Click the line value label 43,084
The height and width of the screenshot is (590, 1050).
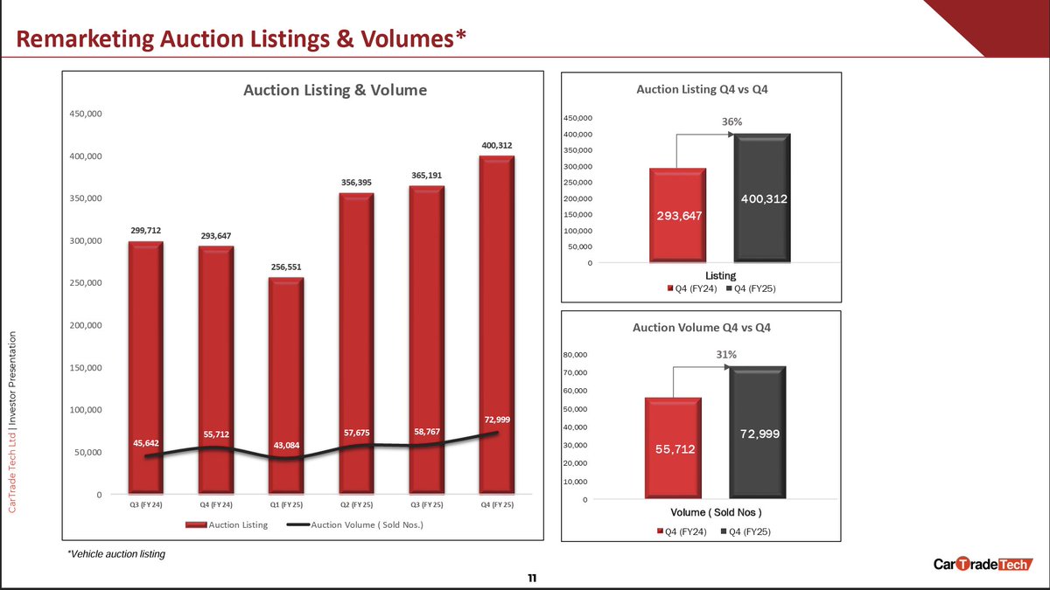(286, 446)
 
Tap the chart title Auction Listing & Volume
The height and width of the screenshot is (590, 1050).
(335, 90)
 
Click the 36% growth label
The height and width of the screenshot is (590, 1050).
(731, 122)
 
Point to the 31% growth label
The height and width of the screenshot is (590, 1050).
(727, 355)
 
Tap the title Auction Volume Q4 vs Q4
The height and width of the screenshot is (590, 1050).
(696, 328)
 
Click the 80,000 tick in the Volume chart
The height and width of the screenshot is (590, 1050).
(575, 355)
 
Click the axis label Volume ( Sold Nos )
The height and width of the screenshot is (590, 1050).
(717, 512)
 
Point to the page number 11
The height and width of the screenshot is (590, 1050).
(531, 578)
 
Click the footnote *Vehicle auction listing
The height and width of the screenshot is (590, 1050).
(115, 554)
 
